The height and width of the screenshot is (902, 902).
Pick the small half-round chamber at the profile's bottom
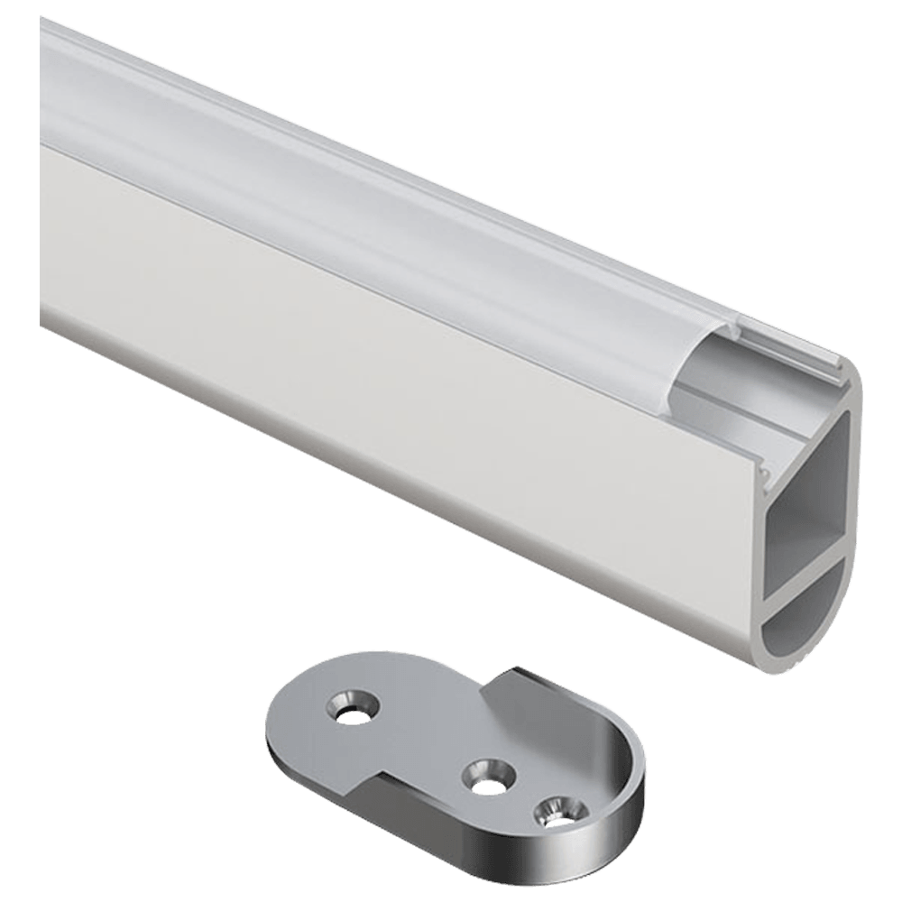coord(794,631)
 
